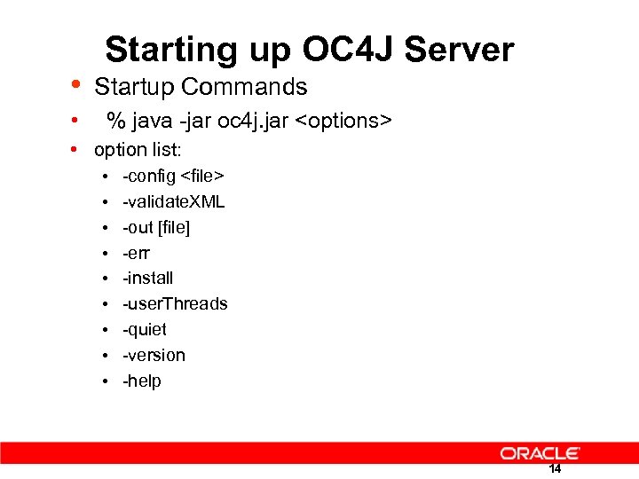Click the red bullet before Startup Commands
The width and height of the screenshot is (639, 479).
(77, 85)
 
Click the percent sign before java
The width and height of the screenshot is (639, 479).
(114, 121)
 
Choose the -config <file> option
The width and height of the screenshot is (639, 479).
(173, 176)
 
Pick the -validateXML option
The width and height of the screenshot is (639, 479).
(174, 201)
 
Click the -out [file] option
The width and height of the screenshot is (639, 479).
(156, 227)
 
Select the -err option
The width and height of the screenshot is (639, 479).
(137, 253)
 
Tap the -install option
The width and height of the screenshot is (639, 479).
(148, 278)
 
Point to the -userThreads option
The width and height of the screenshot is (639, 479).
(175, 303)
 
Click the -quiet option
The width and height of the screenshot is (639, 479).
(145, 329)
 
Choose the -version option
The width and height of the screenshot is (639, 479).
(154, 355)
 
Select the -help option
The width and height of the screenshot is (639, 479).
(142, 381)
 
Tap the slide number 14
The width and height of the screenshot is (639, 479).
(555, 469)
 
